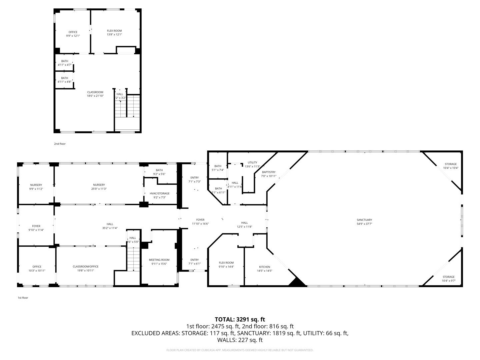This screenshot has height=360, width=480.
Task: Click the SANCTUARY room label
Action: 364,220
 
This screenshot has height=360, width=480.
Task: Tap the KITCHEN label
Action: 264,267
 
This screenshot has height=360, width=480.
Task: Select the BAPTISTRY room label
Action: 268,172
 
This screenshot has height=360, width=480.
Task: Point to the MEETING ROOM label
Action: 159,260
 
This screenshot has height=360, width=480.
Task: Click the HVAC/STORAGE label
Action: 159,193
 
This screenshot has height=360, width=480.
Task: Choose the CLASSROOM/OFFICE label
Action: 86,266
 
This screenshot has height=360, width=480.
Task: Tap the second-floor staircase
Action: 127,106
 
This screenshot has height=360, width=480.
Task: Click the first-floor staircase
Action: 133,258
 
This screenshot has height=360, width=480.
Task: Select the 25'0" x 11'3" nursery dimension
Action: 99,189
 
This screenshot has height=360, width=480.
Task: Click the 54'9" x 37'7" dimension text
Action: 364,224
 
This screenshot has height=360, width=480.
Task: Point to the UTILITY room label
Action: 252,162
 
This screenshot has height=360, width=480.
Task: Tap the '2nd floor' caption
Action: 60,144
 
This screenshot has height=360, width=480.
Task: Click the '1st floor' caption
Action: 23,298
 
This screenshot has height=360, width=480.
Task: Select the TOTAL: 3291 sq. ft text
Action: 240,319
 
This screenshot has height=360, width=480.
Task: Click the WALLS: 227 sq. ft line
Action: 240,340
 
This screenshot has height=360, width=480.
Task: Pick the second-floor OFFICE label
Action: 73,32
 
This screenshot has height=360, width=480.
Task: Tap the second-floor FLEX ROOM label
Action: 114,31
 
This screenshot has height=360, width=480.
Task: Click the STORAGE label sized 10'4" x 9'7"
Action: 448,277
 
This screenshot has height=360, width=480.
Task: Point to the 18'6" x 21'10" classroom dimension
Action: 95,96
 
